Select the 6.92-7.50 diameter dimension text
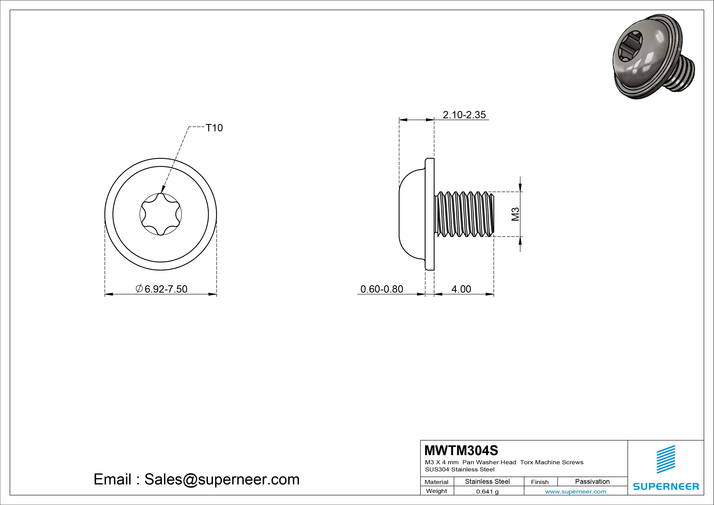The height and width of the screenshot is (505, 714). pyautogui.click(x=166, y=289)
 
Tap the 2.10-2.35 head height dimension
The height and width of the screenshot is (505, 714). pyautogui.click(x=464, y=115)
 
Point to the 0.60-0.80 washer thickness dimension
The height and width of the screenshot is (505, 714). pyautogui.click(x=382, y=289)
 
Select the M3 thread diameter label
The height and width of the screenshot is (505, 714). pyautogui.click(x=515, y=214)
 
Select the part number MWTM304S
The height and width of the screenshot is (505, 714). pyautogui.click(x=461, y=450)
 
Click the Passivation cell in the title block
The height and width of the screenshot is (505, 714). pyautogui.click(x=592, y=481)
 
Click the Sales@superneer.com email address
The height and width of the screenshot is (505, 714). pyautogui.click(x=222, y=479)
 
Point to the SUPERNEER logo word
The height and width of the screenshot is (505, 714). pyautogui.click(x=666, y=486)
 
